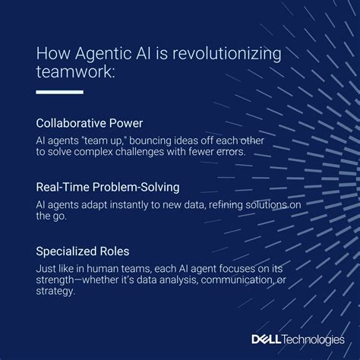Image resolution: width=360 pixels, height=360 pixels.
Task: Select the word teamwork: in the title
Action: (x=76, y=74)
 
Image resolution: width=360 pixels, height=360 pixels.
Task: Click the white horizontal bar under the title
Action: (x=59, y=93)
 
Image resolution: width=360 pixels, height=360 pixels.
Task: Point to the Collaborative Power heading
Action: (x=89, y=122)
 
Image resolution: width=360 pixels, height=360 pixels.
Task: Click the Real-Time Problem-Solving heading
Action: (x=107, y=185)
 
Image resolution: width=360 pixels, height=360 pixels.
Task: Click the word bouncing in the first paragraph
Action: (x=156, y=141)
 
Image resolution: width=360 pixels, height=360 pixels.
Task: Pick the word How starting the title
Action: (x=51, y=54)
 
